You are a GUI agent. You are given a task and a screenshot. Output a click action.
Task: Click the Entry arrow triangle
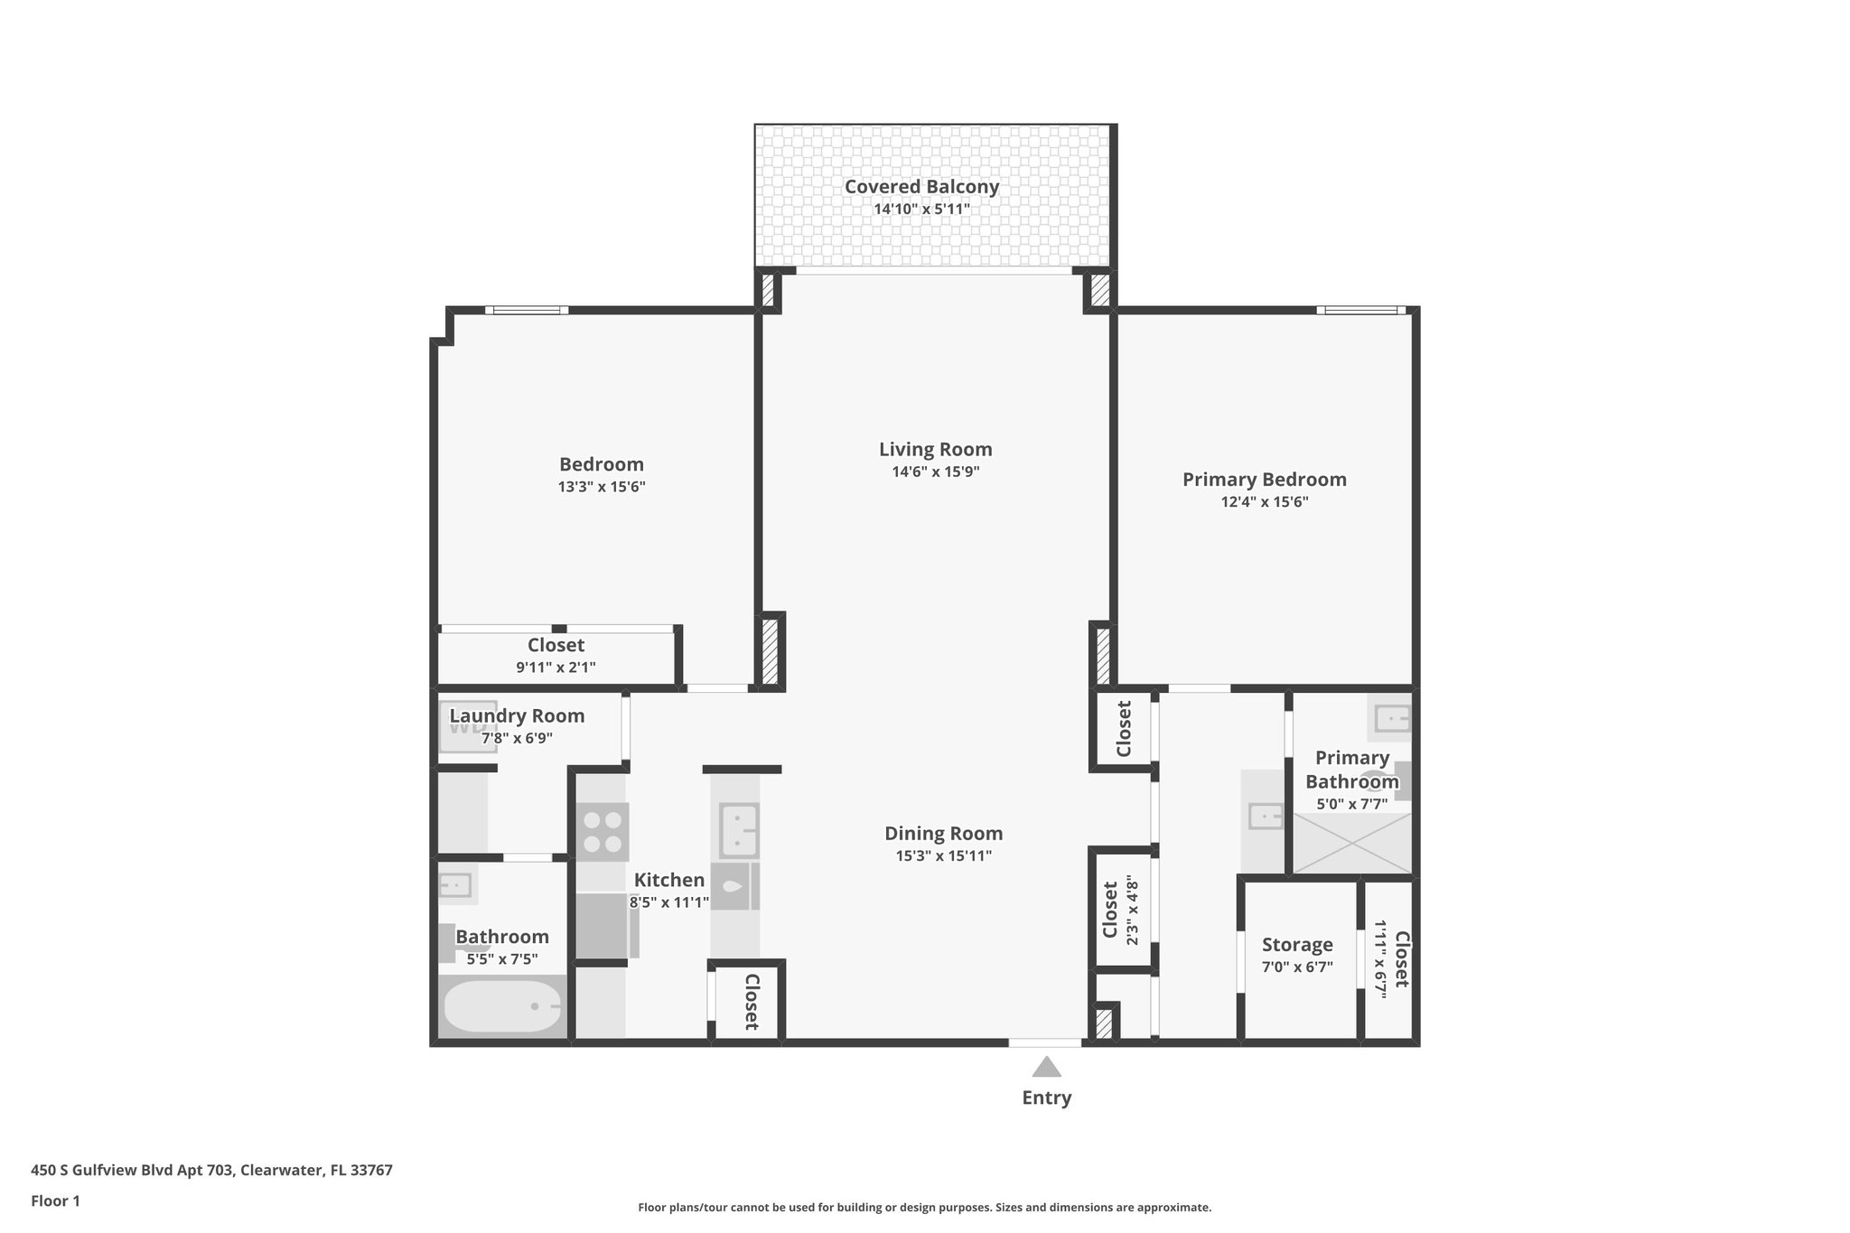[x=1046, y=1067]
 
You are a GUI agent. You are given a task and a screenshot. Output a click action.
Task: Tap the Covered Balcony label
[x=921, y=187]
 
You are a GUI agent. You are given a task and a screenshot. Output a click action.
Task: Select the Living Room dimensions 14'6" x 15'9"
[x=935, y=472]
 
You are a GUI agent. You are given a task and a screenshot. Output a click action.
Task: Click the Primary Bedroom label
[x=1264, y=480]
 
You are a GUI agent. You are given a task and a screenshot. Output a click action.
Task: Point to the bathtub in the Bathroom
[x=502, y=1006]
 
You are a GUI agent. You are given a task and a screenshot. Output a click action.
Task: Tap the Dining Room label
[x=943, y=834]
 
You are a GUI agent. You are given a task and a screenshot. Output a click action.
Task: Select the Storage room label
[x=1297, y=945]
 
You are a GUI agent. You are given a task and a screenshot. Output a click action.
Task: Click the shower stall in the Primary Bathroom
[x=1351, y=844]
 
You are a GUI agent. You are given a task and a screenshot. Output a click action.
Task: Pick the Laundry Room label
[x=517, y=716]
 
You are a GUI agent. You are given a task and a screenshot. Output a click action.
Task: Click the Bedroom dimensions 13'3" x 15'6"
[x=602, y=487]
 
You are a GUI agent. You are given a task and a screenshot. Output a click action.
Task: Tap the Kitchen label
[x=668, y=880]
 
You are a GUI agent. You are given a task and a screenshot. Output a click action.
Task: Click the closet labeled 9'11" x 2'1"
[x=556, y=656]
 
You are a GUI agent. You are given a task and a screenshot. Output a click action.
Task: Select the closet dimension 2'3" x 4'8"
[x=1133, y=913]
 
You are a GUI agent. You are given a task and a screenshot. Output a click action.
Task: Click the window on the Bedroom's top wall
[x=527, y=310]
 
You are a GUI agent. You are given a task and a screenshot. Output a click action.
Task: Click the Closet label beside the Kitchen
[x=751, y=1002]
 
